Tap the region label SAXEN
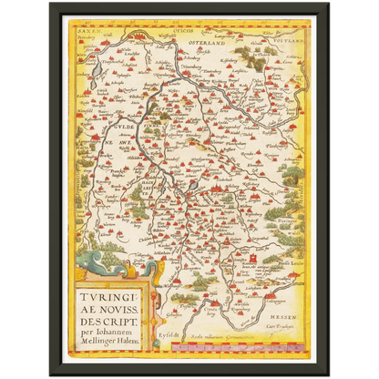[87, 31]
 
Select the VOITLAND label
[282, 36]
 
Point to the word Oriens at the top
[193, 29]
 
